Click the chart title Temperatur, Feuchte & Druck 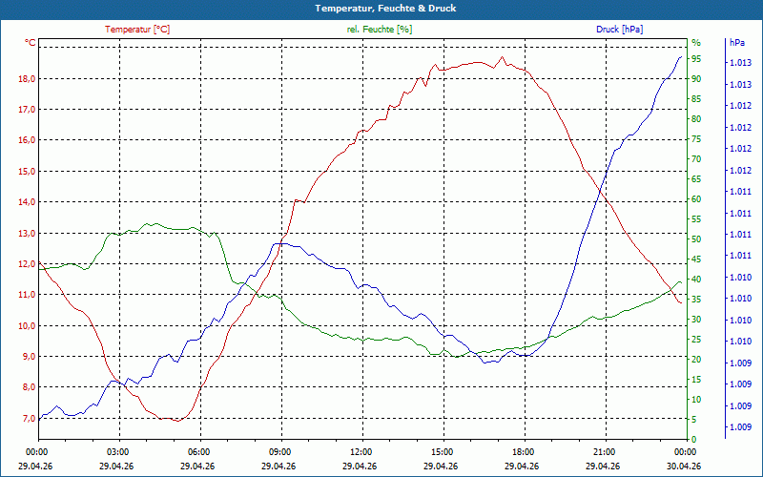(385, 9)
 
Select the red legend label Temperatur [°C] (137, 30)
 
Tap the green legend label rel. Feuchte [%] (380, 30)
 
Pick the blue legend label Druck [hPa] (619, 30)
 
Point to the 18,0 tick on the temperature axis (28, 79)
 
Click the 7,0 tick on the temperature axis (28, 418)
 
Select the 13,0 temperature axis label (28, 233)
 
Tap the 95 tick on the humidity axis (696, 59)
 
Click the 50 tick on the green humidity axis (696, 239)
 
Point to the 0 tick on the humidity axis (694, 439)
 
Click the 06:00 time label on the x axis (199, 451)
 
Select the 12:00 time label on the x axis (361, 451)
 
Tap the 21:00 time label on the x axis (605, 451)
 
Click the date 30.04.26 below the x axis (684, 466)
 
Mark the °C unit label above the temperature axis (31, 43)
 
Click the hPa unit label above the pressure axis (737, 43)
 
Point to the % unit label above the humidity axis (696, 43)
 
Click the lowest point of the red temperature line (178, 421)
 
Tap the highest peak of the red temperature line (503, 57)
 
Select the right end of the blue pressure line (681, 57)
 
